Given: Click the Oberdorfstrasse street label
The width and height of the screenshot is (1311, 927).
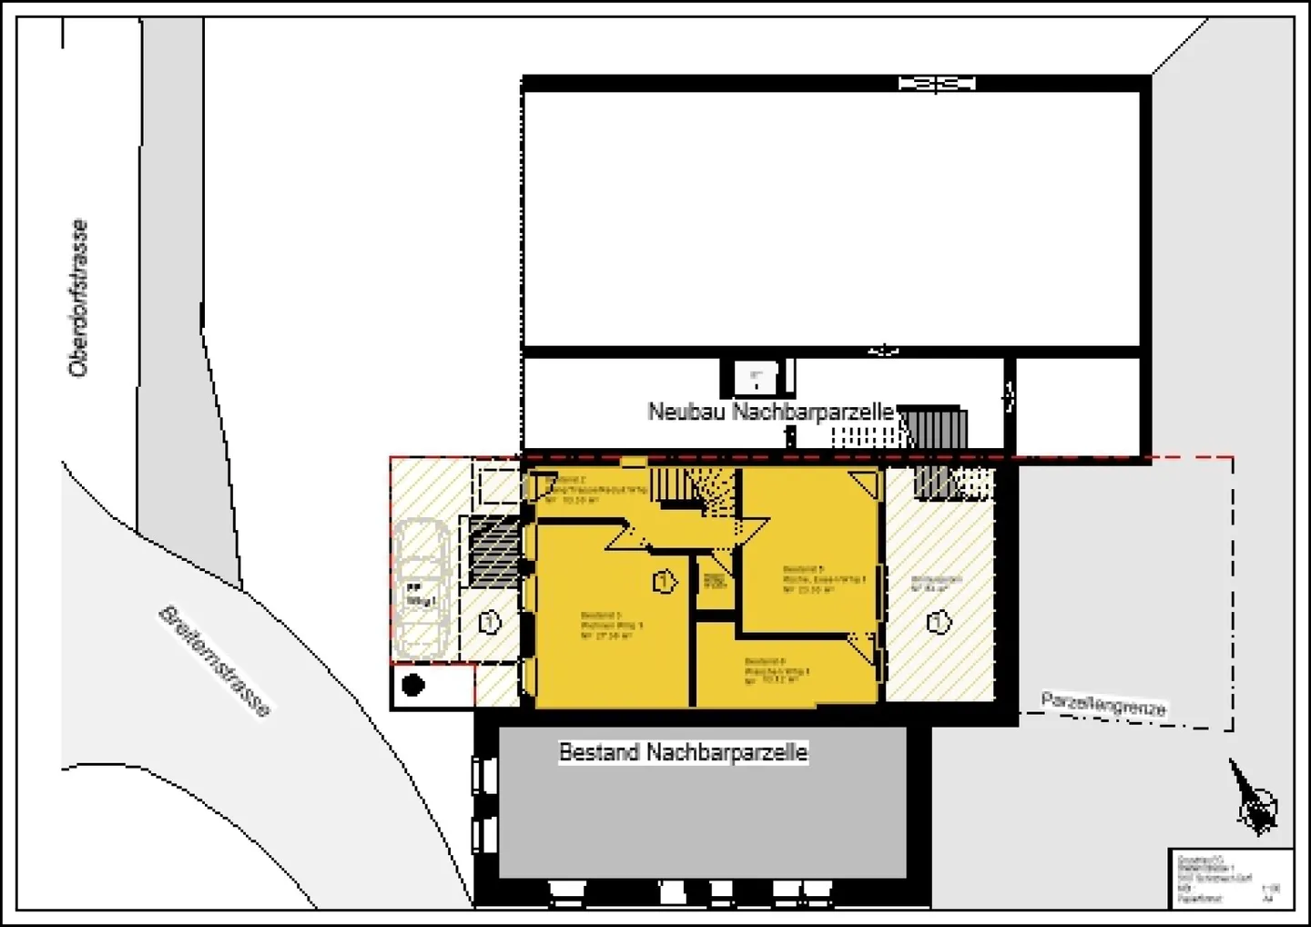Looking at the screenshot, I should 79,299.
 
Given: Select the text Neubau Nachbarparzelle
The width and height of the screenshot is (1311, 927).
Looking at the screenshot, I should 770,412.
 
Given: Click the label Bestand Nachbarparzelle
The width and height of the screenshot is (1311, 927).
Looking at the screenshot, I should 683,752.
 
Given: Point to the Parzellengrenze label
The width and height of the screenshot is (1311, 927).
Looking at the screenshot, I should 1103,704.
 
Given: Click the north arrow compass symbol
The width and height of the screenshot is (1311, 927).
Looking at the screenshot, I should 1254,799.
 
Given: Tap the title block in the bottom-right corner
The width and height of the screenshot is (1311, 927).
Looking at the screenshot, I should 1230,878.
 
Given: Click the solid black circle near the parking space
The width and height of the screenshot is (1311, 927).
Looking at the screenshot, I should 413,685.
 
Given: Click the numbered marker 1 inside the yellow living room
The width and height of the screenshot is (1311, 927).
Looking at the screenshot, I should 665,581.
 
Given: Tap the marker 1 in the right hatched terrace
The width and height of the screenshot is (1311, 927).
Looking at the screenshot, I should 938,623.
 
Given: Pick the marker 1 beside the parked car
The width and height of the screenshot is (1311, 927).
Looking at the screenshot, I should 490,623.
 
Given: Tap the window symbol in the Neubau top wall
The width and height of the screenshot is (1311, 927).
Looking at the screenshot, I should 937,84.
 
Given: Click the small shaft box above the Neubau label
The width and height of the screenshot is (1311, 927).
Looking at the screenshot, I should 756,377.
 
